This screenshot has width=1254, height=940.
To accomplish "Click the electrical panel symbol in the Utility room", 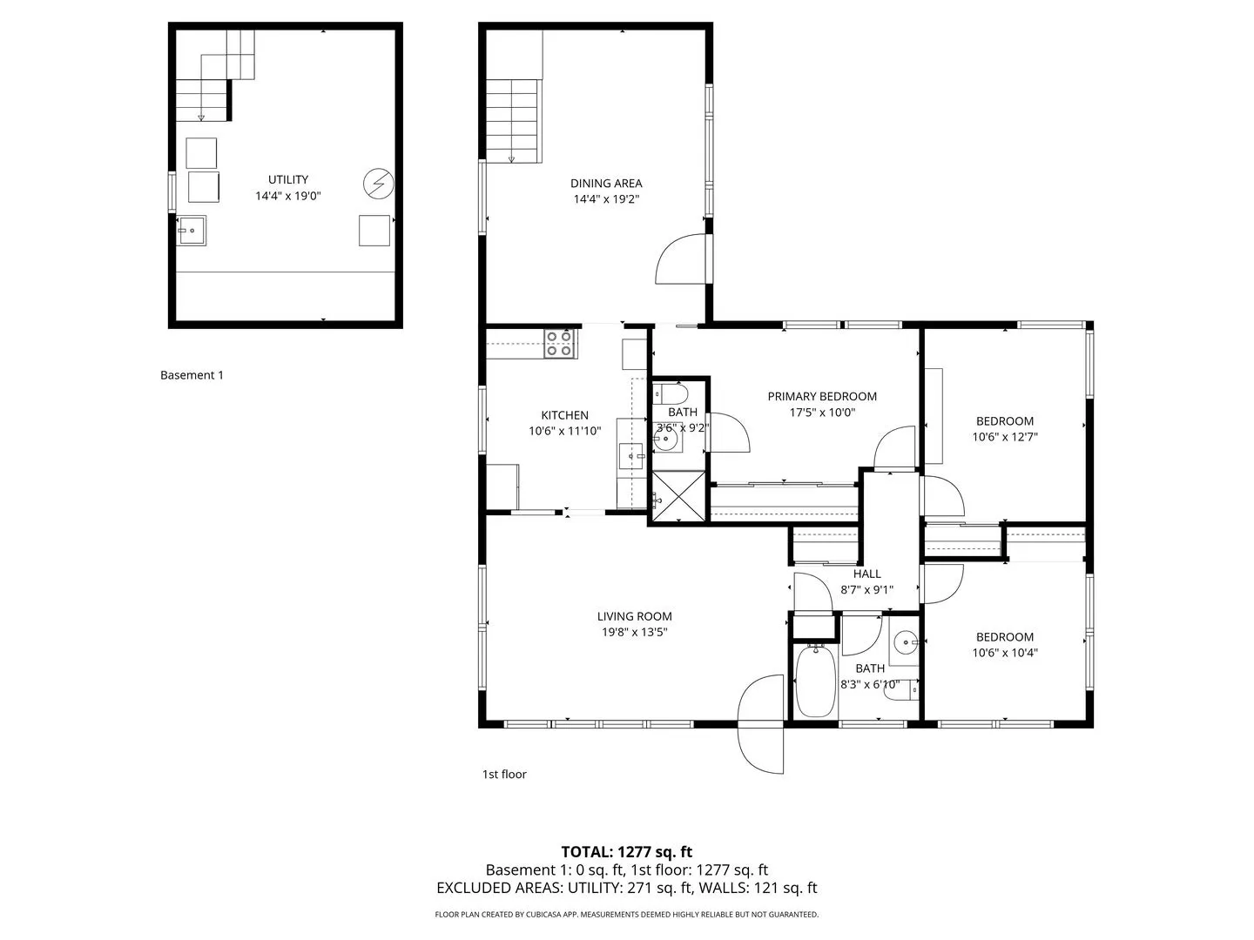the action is tap(378, 183).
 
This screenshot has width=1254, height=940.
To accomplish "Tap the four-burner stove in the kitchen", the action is tap(559, 344).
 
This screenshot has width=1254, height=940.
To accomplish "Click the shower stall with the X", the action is tap(678, 495).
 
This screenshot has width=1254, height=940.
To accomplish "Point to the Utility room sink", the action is tap(191, 231).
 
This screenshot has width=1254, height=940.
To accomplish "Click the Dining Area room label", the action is tap(605, 183).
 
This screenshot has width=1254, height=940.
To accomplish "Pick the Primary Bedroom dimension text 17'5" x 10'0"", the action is tap(821, 412).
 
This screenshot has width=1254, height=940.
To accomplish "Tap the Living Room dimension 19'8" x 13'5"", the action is tap(634, 632).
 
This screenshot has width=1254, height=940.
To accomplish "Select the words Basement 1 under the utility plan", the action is tap(192, 375).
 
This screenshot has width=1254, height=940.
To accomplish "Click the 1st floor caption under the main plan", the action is tap(504, 774).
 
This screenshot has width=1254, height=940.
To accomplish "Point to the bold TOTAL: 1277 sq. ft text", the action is tap(626, 851).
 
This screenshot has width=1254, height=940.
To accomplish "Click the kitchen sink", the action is tap(630, 455).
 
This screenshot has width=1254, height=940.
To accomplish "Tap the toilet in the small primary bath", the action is tap(671, 393).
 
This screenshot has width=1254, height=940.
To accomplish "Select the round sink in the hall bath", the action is tap(905, 642).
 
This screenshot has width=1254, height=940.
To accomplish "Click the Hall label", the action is tap(866, 574).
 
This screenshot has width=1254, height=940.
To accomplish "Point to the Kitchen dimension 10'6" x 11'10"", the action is tap(564, 431).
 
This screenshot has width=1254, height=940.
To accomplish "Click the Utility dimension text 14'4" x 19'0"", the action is tap(288, 196).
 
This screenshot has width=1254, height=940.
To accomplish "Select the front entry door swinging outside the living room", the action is tap(760, 723).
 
